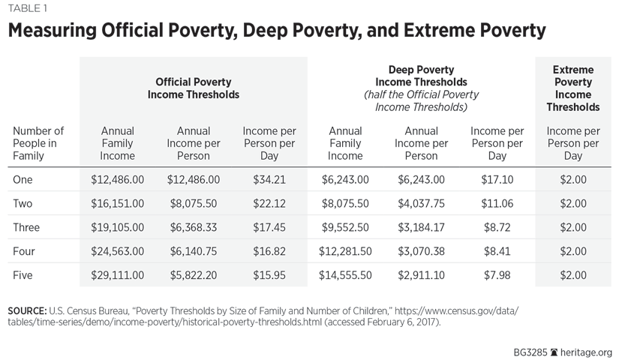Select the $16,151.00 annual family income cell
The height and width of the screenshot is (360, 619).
tap(117, 203)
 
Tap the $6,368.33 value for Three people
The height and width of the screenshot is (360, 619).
tap(193, 227)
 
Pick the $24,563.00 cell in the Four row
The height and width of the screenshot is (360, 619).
tap(117, 251)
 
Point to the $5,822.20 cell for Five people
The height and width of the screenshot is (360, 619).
tap(193, 275)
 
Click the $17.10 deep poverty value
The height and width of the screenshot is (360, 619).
tap(497, 179)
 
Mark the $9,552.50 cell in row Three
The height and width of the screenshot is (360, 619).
tap(345, 227)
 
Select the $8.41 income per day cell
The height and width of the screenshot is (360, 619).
tap(497, 251)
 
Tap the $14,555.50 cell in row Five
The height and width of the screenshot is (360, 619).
tap(345, 275)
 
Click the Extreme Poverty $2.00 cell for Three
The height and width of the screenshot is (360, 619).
tap(572, 227)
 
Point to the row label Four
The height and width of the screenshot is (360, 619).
tap(26, 251)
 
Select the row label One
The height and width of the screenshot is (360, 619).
tap(24, 179)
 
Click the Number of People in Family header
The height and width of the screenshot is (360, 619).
tap(38, 143)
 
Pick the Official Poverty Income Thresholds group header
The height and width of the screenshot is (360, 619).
tap(193, 88)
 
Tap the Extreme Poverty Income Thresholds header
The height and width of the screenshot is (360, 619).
tap(572, 88)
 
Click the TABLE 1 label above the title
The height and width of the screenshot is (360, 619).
tap(29, 8)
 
